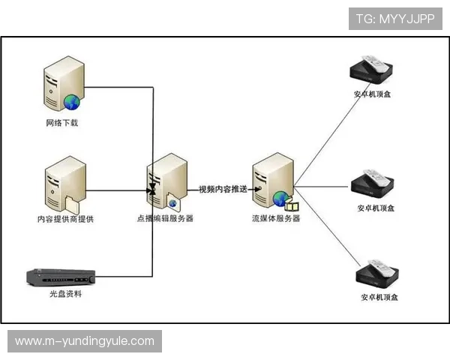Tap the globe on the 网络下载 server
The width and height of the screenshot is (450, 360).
[x=72, y=102]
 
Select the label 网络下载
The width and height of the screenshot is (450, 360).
[x=62, y=123]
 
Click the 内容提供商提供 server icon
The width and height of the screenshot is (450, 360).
[x=65, y=184]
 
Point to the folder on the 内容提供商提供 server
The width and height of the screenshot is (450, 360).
[x=73, y=205]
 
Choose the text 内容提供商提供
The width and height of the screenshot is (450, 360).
[x=66, y=219]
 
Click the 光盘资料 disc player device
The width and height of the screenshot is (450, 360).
[x=61, y=277]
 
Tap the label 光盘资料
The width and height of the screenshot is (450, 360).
[x=66, y=294]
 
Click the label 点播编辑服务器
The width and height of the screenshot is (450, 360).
[x=165, y=218]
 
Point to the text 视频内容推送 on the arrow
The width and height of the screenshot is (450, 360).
[x=223, y=189]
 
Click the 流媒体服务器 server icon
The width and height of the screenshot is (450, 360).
[x=274, y=181]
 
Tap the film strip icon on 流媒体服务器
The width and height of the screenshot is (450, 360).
[x=292, y=205]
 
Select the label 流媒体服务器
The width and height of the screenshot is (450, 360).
[x=276, y=218]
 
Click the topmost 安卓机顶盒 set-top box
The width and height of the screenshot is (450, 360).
[x=371, y=70]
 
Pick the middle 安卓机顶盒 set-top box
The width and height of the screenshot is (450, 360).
[x=373, y=183]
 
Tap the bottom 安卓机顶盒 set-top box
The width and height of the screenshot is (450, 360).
[x=377, y=273]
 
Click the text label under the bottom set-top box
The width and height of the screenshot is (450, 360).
[x=379, y=297]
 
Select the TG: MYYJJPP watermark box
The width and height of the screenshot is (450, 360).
[x=395, y=19]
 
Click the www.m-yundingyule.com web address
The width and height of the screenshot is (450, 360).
[x=85, y=341]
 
